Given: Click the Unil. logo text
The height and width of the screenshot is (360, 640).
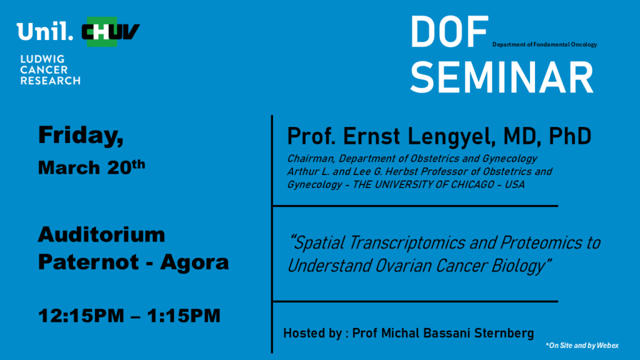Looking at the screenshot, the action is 45,31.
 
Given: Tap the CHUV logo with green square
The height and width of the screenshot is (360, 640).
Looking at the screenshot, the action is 111,32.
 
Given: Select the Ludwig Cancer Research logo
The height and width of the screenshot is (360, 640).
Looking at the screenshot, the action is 50,70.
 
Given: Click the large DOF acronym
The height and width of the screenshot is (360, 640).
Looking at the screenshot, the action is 449,32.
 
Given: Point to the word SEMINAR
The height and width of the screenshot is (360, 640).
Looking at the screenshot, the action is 502,77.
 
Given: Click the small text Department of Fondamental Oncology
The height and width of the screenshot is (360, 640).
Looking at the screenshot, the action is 544,44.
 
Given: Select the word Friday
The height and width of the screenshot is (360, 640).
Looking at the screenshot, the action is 81,135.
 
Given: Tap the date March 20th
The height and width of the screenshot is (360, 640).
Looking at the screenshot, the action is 91,167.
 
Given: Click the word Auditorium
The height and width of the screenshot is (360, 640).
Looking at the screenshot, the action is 102,235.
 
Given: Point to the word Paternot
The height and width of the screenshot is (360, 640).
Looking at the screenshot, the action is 88,262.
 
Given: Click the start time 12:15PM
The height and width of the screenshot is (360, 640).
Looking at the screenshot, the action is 81,316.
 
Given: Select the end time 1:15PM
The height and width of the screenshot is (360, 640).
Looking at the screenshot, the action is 184,316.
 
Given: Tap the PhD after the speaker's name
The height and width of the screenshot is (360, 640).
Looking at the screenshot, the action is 570,136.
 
